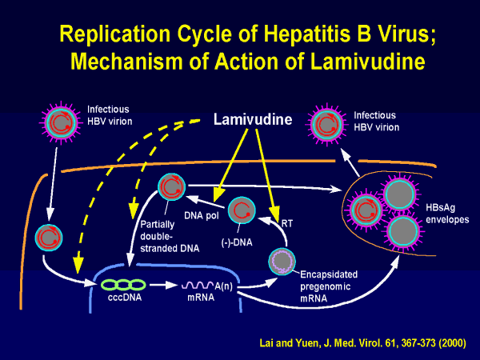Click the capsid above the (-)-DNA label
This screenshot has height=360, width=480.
point(242,211)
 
